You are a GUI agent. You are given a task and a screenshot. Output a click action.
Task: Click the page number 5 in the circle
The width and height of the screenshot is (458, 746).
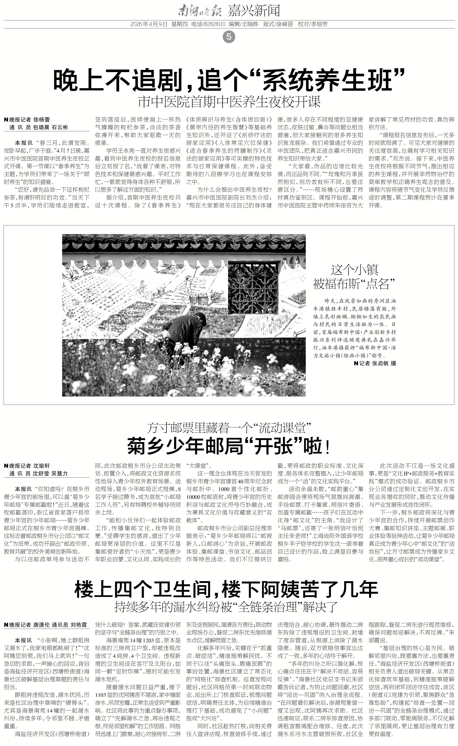point(229,37)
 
